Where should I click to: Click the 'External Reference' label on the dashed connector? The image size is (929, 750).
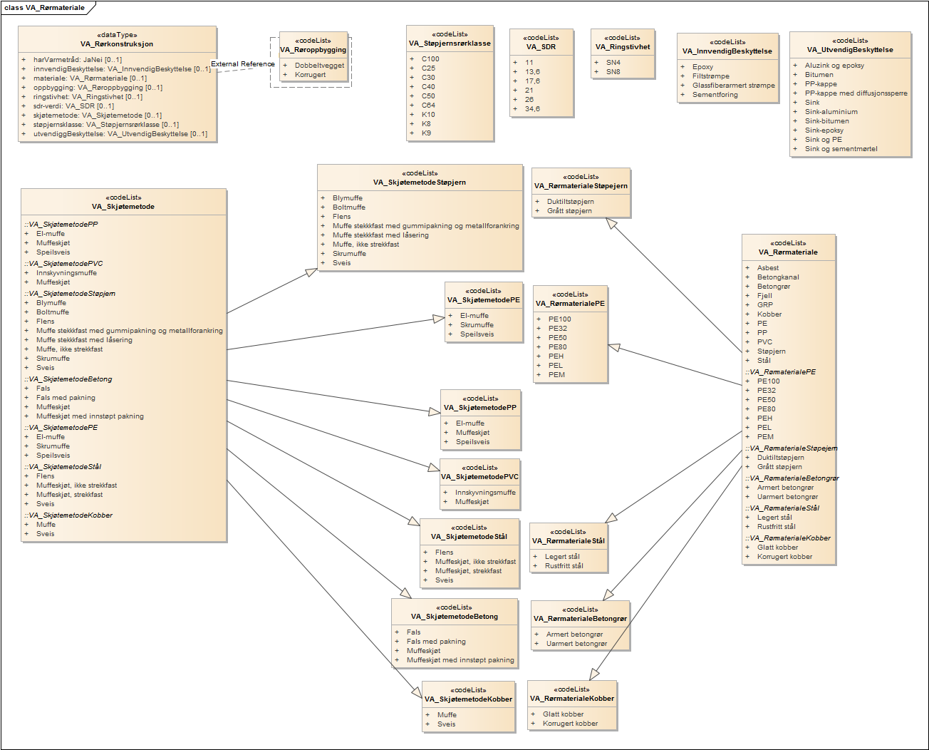click(x=242, y=64)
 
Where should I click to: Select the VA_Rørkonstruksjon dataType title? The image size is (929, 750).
click(x=117, y=44)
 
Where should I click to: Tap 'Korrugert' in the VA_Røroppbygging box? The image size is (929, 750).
click(x=310, y=75)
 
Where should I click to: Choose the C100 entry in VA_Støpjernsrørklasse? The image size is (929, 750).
click(x=430, y=59)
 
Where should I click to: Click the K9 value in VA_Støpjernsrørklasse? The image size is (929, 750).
click(x=426, y=133)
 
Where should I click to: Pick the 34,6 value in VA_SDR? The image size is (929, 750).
click(x=532, y=109)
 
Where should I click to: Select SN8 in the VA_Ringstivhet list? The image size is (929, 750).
click(x=613, y=72)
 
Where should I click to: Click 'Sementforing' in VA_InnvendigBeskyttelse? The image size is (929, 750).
click(x=715, y=95)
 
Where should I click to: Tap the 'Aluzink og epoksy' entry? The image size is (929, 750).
click(x=834, y=66)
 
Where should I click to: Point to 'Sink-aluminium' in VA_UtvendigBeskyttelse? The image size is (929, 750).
click(x=831, y=112)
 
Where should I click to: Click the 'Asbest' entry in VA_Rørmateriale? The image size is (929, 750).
click(x=767, y=268)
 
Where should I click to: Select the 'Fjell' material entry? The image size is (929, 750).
click(x=764, y=296)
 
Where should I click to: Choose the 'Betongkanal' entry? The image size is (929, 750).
click(x=778, y=277)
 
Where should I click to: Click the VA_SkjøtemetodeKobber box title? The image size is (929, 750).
click(x=469, y=699)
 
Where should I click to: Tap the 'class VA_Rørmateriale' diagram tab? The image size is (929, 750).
click(x=44, y=8)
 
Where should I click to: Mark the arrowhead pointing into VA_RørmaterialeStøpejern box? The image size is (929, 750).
click(x=611, y=222)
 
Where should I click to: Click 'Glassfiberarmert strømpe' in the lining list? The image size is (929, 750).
click(x=733, y=86)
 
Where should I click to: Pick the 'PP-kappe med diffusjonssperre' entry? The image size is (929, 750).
click(x=856, y=93)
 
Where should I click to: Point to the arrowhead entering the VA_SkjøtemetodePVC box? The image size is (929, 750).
click(x=435, y=468)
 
